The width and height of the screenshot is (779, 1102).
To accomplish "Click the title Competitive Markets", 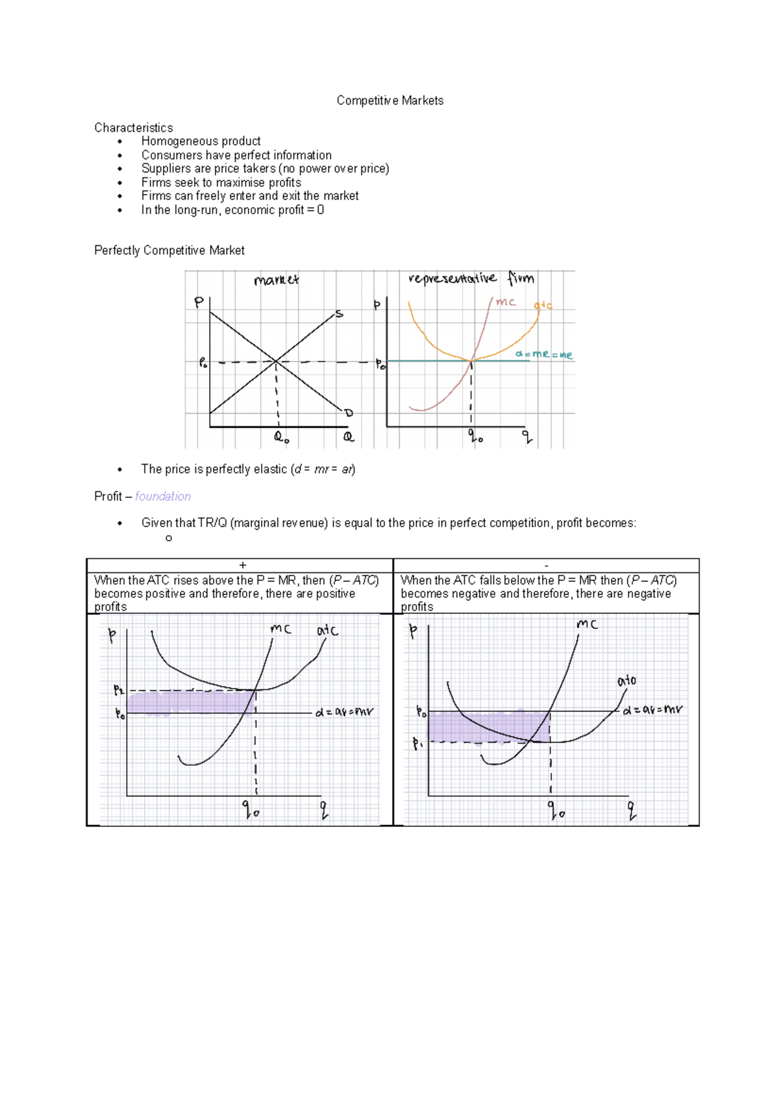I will pyautogui.click(x=389, y=101).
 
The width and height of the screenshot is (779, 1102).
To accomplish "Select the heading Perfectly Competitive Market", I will pyautogui.click(x=169, y=251).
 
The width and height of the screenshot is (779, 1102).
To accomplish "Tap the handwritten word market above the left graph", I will pyautogui.click(x=276, y=280).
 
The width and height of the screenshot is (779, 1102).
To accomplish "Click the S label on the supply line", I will pyautogui.click(x=339, y=315).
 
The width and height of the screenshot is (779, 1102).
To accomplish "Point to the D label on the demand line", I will pyautogui.click(x=348, y=413).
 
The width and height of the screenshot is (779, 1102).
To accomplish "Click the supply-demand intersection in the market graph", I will pyautogui.click(x=276, y=361).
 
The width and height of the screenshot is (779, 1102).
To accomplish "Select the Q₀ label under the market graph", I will pyautogui.click(x=281, y=437).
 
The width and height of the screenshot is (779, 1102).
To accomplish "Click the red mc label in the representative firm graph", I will pyautogui.click(x=506, y=302).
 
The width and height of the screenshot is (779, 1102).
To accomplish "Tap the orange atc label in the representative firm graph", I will pyautogui.click(x=543, y=305).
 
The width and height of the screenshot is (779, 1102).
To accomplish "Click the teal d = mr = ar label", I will pyautogui.click(x=544, y=354).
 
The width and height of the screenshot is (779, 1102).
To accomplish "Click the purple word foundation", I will pyautogui.click(x=163, y=496).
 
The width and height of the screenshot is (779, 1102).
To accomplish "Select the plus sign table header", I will pyautogui.click(x=242, y=565).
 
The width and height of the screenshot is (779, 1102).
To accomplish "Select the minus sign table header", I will pyautogui.click(x=546, y=566).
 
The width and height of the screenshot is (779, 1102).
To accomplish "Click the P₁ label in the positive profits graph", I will pyautogui.click(x=119, y=690).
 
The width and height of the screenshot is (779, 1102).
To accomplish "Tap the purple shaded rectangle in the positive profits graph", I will pyautogui.click(x=188, y=703).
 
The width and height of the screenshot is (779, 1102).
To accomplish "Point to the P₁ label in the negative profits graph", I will pyautogui.click(x=417, y=744).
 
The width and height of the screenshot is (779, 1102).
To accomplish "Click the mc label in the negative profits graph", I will pyautogui.click(x=587, y=624).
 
